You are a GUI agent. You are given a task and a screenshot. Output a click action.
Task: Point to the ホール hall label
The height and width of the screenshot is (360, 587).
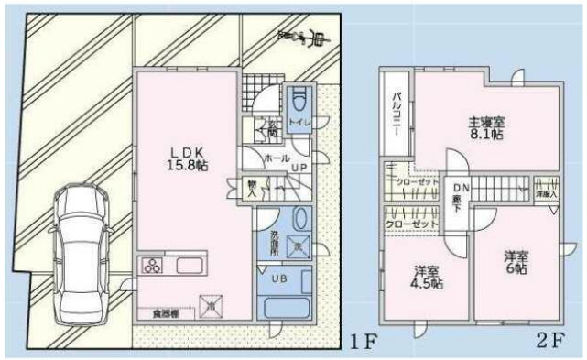click(x=275, y=158)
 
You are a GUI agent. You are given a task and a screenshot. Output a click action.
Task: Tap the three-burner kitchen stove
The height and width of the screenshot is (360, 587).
click(x=151, y=267)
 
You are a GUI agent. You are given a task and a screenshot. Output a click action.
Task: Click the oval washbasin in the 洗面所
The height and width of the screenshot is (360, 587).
click(x=300, y=222)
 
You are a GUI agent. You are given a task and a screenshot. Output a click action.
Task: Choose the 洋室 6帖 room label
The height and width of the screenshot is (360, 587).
click(x=515, y=263)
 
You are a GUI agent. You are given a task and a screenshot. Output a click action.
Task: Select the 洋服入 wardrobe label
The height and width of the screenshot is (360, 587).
click(x=546, y=193)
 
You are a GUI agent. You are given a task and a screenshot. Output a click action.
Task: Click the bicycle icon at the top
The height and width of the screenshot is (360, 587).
click(x=301, y=37)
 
